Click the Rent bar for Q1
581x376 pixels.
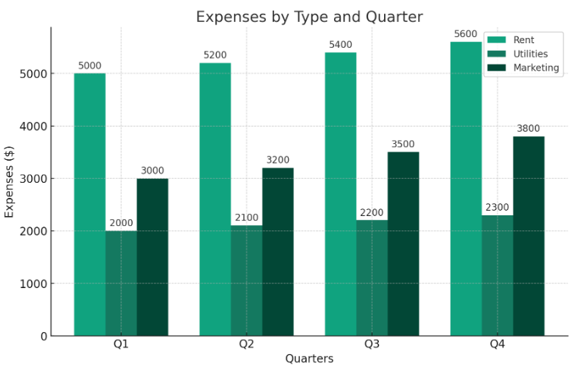(x=89, y=205)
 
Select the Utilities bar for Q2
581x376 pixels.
(x=246, y=280)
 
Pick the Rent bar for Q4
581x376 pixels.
(x=466, y=189)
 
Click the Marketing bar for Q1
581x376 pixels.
(x=152, y=257)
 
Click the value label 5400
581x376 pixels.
(x=340, y=45)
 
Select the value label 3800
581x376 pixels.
(x=528, y=129)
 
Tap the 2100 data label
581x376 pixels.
(x=246, y=218)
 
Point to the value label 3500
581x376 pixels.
(x=403, y=144)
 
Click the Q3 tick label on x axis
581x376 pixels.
(x=372, y=344)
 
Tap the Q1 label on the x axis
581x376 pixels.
(x=121, y=344)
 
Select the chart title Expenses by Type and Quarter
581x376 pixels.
(x=309, y=17)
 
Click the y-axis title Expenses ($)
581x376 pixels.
(x=10, y=182)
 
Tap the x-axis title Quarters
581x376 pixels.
(x=309, y=359)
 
